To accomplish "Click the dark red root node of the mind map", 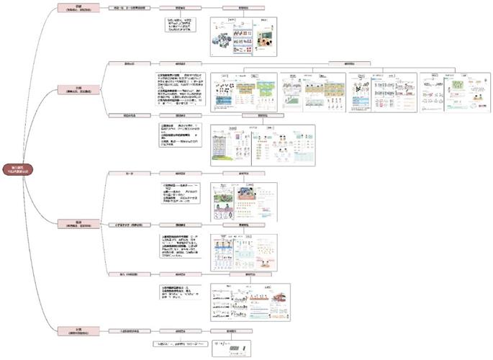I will pos(16,170).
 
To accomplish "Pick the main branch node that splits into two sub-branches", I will pos(76,89).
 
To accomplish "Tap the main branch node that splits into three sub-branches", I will pos(76,223).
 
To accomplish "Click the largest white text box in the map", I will pos(181,89).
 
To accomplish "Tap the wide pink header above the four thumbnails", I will pos(350,63).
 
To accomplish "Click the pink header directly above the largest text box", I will pos(181,63).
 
